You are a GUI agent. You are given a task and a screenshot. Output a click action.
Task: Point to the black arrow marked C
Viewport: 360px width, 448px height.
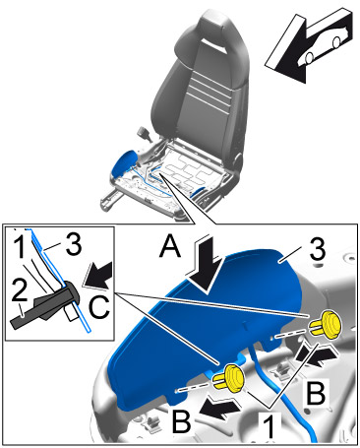[x=97, y=275]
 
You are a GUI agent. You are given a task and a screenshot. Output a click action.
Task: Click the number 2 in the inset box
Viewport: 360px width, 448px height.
[x=20, y=289]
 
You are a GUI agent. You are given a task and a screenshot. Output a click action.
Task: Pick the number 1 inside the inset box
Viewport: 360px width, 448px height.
[x=20, y=247]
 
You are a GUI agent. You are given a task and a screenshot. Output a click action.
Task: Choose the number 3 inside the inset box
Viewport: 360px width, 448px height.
[x=74, y=244]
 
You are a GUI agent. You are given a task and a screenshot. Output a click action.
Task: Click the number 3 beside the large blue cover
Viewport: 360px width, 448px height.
[x=317, y=248]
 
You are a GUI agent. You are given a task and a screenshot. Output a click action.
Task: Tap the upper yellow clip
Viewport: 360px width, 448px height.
[x=326, y=325]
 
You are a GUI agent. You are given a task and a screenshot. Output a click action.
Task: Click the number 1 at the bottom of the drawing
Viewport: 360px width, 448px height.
[x=270, y=425]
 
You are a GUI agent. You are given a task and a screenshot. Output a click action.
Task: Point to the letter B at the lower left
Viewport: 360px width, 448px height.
[x=182, y=421]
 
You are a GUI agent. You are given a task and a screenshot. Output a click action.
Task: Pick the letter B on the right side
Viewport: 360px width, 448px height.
[x=316, y=393]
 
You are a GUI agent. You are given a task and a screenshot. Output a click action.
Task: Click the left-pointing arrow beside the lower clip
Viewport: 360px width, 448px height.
[x=220, y=408]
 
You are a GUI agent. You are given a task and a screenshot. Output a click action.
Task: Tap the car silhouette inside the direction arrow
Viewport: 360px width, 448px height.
[x=327, y=43]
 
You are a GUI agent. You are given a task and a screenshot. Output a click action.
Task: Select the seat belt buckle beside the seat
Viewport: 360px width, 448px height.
[x=145, y=133]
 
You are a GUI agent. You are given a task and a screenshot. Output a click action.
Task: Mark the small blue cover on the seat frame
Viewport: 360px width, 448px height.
[x=123, y=162]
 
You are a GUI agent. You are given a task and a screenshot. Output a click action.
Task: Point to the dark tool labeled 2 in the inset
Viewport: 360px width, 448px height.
[x=45, y=306]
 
